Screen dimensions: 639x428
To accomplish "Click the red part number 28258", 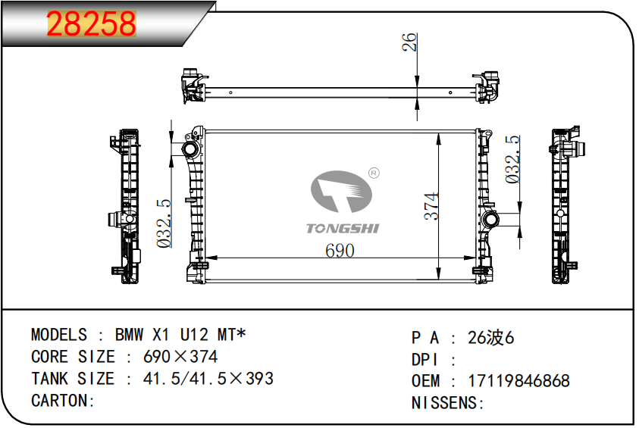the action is (x=91, y=23).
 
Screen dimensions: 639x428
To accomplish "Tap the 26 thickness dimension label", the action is (x=409, y=42).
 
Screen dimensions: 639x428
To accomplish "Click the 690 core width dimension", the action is (x=340, y=251).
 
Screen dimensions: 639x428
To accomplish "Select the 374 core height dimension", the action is (x=431, y=206).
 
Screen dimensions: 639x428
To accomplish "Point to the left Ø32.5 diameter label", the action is (x=164, y=223).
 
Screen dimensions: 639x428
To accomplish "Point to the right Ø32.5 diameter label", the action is (x=512, y=159).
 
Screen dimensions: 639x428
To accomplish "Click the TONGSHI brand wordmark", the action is (x=343, y=229).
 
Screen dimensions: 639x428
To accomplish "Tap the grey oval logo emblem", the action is (x=341, y=192).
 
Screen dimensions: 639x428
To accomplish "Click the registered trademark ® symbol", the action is (x=374, y=173).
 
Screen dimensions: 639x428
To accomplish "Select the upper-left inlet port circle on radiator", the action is (x=190, y=149).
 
